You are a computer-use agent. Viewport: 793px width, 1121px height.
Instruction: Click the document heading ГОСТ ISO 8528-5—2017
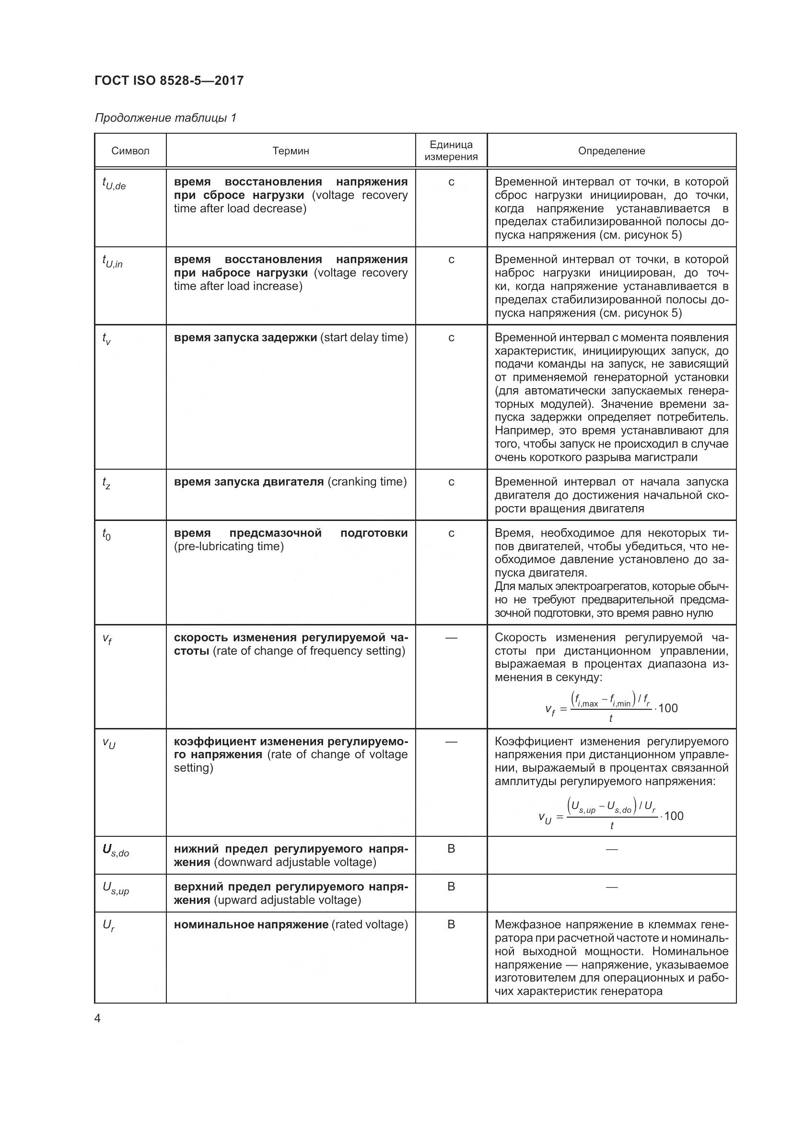(169, 81)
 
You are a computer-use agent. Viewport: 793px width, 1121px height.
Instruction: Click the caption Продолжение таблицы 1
(165, 118)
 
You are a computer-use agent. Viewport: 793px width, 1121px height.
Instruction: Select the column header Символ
(130, 151)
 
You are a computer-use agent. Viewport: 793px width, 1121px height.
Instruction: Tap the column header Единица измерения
(451, 150)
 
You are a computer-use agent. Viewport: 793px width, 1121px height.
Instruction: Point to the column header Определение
(611, 151)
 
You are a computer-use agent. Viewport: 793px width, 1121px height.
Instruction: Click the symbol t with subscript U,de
(114, 184)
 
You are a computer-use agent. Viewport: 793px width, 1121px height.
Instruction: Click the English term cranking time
(367, 482)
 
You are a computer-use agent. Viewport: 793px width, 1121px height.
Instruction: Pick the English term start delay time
(364, 337)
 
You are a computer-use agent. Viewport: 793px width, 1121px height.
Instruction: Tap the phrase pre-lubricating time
(229, 546)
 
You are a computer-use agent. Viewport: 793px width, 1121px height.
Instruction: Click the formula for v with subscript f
(611, 706)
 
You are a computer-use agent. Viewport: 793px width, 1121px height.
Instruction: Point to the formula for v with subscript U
(611, 815)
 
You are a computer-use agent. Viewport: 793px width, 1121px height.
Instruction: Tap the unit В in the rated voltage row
(451, 924)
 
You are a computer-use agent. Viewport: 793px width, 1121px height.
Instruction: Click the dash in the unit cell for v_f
(451, 637)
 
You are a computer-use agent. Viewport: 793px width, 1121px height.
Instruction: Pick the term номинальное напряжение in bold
(251, 924)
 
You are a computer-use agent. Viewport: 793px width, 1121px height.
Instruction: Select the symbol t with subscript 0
(106, 535)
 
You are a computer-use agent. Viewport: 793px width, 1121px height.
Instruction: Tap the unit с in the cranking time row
(451, 482)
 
